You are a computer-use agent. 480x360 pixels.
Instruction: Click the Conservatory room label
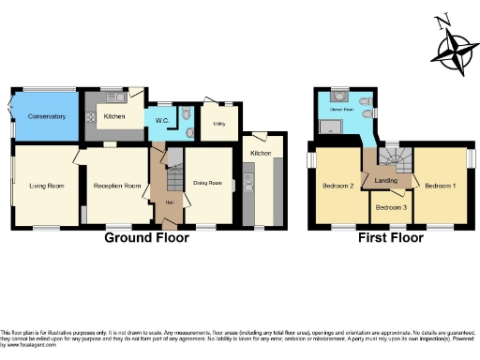[46, 116]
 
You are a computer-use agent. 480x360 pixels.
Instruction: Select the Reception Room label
[117, 186]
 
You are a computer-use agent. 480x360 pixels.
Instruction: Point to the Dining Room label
[207, 182]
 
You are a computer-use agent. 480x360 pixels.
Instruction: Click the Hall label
[169, 202]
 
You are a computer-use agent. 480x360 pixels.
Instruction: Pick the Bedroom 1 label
[440, 186]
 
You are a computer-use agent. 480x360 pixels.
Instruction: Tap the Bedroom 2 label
[337, 186]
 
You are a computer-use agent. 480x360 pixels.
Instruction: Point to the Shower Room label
[339, 110]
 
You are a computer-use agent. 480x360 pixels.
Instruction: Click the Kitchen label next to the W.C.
[114, 116]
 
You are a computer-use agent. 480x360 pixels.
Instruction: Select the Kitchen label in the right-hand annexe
[261, 153]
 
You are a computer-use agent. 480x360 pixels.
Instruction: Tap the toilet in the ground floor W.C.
[184, 117]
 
